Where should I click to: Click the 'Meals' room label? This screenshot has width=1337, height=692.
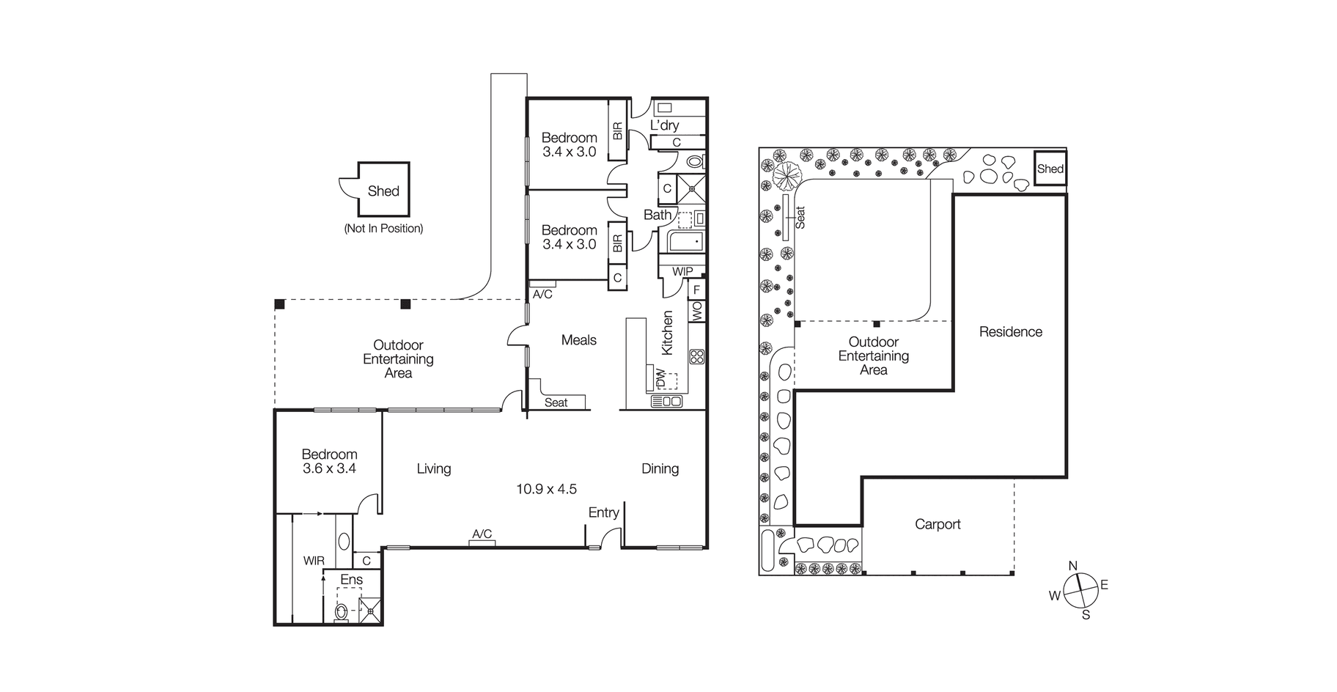pyautogui.click(x=578, y=340)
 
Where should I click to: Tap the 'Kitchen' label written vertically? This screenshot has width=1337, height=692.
pyautogui.click(x=667, y=333)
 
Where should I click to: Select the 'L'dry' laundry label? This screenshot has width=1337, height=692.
pyautogui.click(x=665, y=125)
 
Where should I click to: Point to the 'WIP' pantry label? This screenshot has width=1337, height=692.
pyautogui.click(x=682, y=271)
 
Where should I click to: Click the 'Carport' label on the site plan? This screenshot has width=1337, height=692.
pyautogui.click(x=938, y=524)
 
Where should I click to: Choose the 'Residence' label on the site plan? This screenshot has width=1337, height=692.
pyautogui.click(x=1010, y=331)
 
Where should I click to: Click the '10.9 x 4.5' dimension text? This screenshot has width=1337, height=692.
pyautogui.click(x=546, y=489)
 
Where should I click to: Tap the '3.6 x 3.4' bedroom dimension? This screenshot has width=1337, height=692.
pyautogui.click(x=329, y=468)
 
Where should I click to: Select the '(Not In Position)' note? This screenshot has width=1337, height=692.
pyautogui.click(x=383, y=229)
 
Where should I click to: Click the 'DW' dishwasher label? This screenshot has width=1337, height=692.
pyautogui.click(x=660, y=378)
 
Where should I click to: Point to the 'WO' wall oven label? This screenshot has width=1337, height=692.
pyautogui.click(x=696, y=311)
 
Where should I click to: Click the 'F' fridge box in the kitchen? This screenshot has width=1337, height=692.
pyautogui.click(x=696, y=290)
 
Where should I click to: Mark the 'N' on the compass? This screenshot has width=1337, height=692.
pyautogui.click(x=1072, y=565)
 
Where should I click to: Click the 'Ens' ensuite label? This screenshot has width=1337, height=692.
pyautogui.click(x=351, y=580)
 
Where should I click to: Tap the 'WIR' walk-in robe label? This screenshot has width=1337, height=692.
pyautogui.click(x=314, y=561)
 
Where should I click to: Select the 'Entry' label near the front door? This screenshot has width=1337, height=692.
pyautogui.click(x=604, y=513)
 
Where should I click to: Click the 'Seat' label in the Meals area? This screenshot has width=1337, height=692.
pyautogui.click(x=556, y=402)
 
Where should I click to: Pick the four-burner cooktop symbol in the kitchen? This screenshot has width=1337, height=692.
pyautogui.click(x=696, y=357)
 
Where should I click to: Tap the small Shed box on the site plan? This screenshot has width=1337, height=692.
pyautogui.click(x=1050, y=169)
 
